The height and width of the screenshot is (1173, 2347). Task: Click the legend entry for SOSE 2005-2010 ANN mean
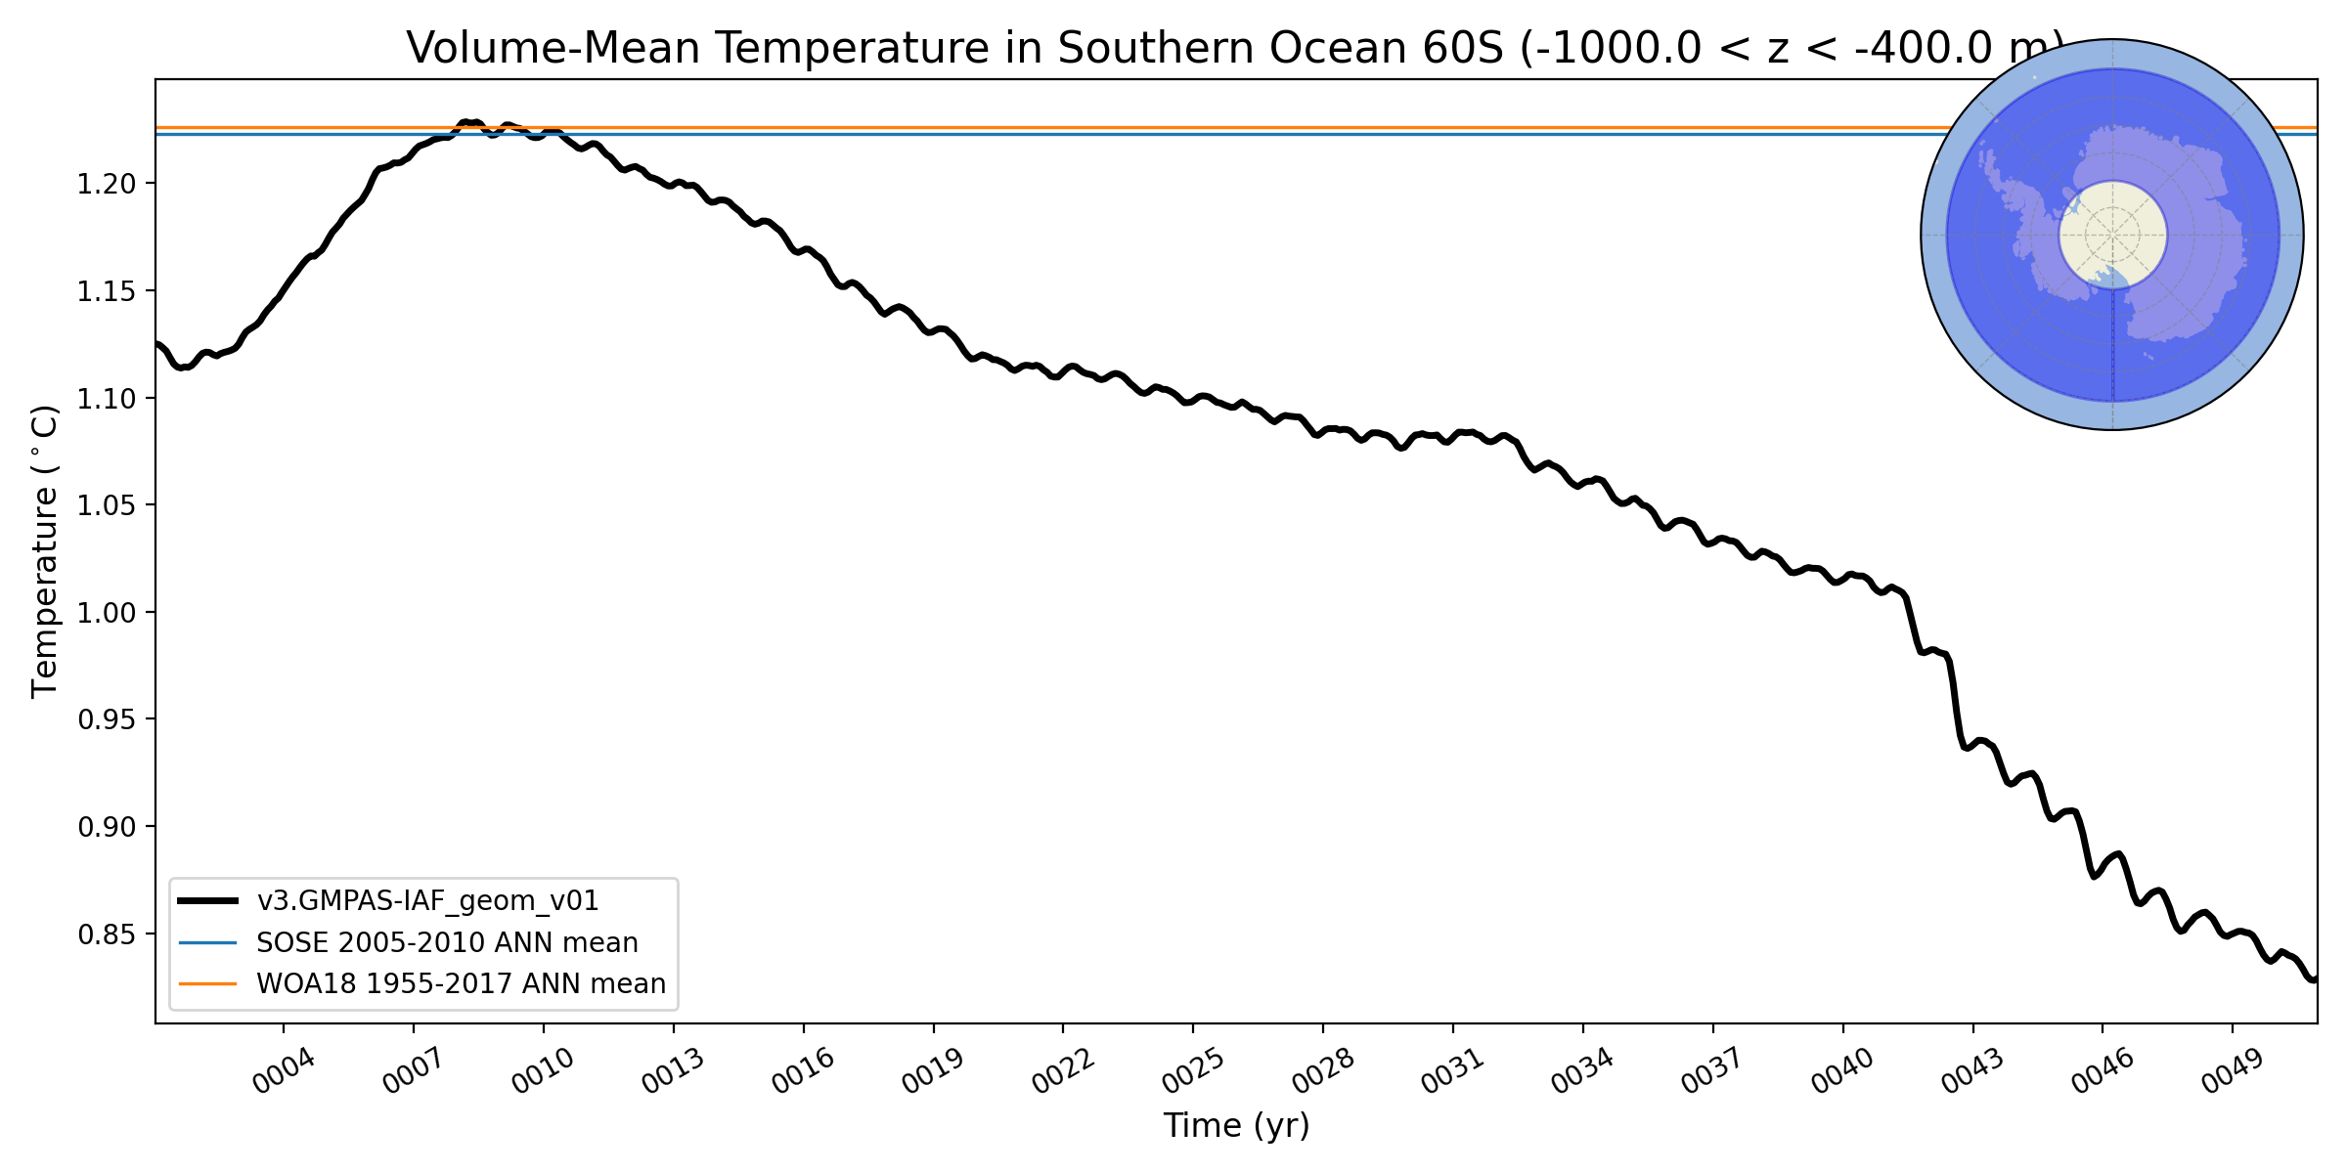[447, 942]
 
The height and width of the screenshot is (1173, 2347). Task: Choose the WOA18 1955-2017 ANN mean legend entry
[461, 983]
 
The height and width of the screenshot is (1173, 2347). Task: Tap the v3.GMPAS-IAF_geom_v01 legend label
[427, 900]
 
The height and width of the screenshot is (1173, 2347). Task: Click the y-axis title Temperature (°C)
[46, 551]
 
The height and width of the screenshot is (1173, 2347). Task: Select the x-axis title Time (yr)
[1236, 1126]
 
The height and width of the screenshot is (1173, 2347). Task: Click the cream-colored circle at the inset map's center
[2112, 235]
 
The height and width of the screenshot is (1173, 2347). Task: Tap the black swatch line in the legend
[207, 900]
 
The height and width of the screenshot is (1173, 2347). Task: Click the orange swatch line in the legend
[207, 983]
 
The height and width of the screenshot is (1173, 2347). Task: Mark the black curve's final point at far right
[2314, 979]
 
